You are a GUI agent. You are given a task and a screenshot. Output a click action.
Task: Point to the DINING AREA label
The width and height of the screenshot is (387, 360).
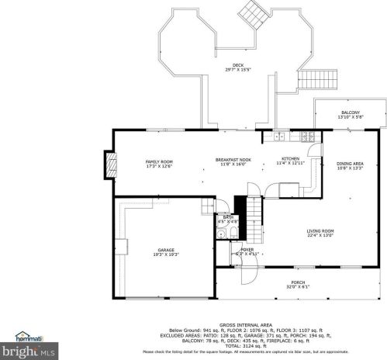(351, 165)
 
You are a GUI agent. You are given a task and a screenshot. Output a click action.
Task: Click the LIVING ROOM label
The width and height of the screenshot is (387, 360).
(320, 232)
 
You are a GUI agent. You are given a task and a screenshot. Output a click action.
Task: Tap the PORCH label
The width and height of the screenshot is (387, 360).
(298, 284)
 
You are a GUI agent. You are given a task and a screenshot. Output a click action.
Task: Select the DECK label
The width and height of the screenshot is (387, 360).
(238, 67)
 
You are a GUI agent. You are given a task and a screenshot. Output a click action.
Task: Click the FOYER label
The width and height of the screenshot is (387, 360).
(247, 251)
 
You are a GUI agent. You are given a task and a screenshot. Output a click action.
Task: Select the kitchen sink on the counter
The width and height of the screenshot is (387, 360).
(277, 137)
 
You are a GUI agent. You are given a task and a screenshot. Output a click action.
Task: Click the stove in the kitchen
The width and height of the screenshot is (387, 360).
(307, 137)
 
